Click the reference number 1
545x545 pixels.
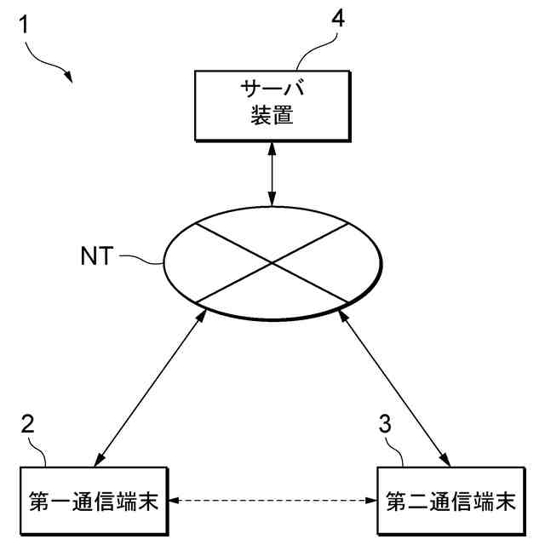(26, 25)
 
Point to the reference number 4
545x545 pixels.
(338, 19)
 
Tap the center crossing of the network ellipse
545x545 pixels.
(272, 262)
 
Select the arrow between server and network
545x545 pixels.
(272, 175)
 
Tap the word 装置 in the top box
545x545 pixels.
(272, 116)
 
